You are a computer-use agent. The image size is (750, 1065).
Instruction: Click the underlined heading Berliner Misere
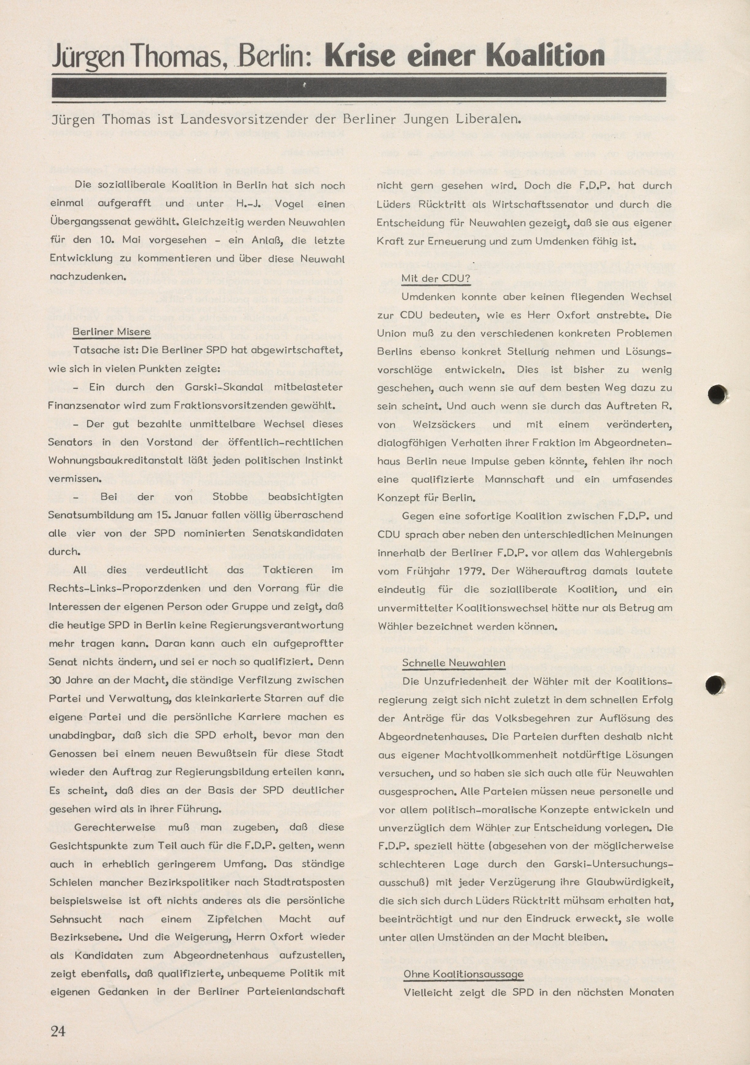(112, 332)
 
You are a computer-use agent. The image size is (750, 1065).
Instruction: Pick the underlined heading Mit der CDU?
(436, 278)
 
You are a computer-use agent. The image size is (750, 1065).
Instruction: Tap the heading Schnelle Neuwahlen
(453, 663)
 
